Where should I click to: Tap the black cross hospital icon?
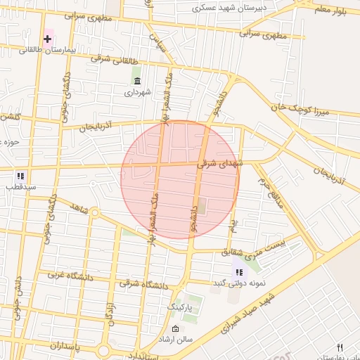click(48, 37)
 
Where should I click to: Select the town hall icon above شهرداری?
click(136, 81)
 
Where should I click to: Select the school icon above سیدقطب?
click(20, 175)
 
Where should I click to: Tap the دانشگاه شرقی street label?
click(140, 283)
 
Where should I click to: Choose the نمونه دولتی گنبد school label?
click(238, 283)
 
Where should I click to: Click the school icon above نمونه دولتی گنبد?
click(239, 271)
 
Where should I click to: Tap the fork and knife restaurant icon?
click(341, 347)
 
